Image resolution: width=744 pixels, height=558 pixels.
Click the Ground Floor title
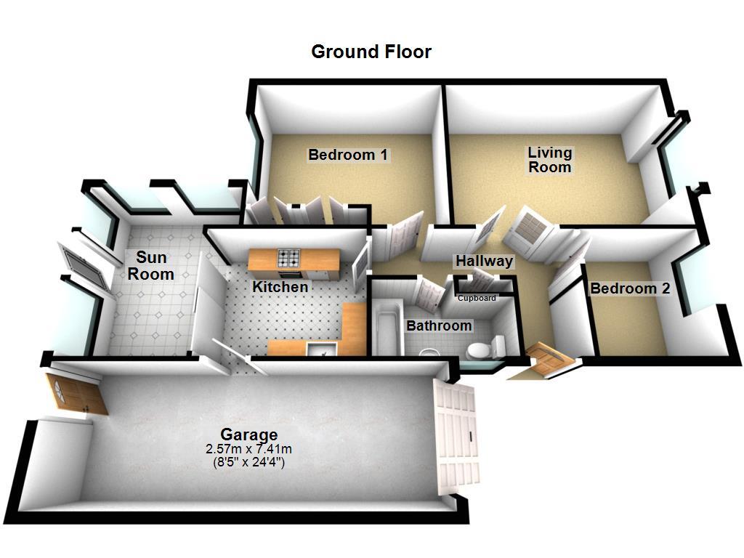click(371, 52)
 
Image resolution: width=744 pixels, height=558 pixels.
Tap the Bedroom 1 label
click(348, 155)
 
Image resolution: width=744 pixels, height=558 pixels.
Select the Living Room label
click(549, 160)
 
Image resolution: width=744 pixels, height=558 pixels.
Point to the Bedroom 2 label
click(629, 288)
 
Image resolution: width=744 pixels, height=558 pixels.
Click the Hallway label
click(484, 261)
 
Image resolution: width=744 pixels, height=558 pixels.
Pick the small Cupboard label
click(477, 298)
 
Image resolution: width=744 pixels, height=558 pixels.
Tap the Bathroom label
click(439, 325)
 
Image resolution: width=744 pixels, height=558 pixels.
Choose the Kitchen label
click(280, 287)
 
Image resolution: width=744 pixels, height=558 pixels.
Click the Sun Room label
click(151, 265)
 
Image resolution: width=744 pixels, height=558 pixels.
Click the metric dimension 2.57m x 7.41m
click(248, 448)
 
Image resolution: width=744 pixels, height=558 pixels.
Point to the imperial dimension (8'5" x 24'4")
click(248, 461)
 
